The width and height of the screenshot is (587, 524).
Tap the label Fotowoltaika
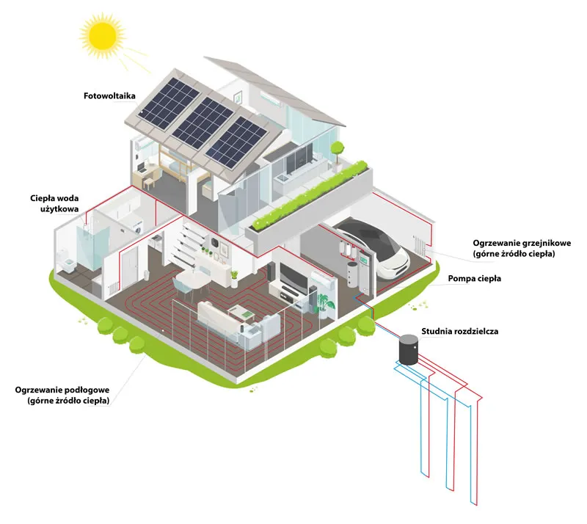[109, 95]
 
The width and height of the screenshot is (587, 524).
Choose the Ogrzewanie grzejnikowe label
[522, 248]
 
